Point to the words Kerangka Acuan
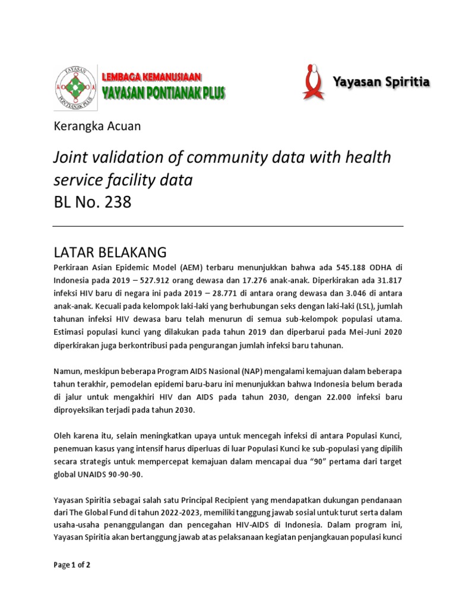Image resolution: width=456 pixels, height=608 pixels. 97,126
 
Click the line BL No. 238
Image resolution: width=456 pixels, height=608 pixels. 92,202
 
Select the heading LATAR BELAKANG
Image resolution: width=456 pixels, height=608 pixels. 110,249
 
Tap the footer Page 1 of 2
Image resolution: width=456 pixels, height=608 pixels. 71,565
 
